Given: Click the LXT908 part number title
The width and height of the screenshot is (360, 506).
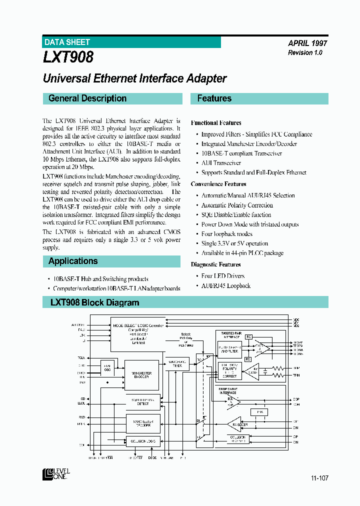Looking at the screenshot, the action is pyautogui.click(x=68, y=57).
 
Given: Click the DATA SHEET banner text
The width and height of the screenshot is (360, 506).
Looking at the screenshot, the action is pyautogui.click(x=67, y=42).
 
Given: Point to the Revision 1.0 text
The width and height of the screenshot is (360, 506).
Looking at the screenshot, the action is pyautogui.click(x=305, y=52).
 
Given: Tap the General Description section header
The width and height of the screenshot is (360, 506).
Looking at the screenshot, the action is pyautogui.click(x=87, y=98).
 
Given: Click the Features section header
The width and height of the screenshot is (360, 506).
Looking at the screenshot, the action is pyautogui.click(x=214, y=98).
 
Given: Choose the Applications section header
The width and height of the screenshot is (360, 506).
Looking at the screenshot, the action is pyautogui.click(x=73, y=261).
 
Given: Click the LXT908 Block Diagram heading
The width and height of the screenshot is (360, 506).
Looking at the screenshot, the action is pyautogui.click(x=95, y=302).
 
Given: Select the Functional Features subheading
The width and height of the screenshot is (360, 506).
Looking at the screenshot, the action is pyautogui.click(x=216, y=122).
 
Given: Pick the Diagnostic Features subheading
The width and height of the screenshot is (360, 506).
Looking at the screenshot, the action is pyautogui.click(x=215, y=264).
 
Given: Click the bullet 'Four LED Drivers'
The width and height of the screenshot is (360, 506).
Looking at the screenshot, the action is pyautogui.click(x=223, y=276).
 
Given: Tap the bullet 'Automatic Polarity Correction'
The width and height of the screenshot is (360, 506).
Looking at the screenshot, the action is pyautogui.click(x=237, y=205).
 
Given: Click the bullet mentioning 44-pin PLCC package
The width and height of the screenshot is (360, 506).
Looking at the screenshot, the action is pyautogui.click(x=242, y=253).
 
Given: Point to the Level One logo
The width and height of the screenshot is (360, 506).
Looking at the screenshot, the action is pyautogui.click(x=56, y=474).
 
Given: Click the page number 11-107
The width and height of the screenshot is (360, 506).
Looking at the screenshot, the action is pyautogui.click(x=319, y=478).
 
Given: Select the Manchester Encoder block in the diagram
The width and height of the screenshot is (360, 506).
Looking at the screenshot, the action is pyautogui.click(x=142, y=374).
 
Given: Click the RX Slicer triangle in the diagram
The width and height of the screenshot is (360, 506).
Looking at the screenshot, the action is pyautogui.click(x=236, y=424).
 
